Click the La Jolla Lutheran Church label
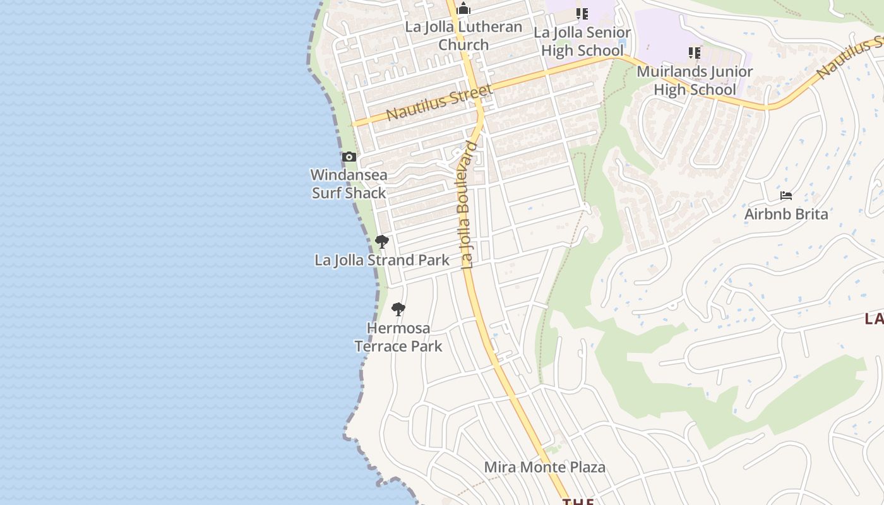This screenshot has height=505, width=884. (463, 36)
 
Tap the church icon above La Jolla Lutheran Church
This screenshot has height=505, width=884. (463, 9)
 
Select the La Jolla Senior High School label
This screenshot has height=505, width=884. (582, 41)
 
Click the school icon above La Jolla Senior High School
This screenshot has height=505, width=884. (582, 13)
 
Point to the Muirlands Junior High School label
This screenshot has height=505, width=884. (695, 80)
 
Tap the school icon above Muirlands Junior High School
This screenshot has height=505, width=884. (695, 53)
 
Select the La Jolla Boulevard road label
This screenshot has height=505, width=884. (468, 206)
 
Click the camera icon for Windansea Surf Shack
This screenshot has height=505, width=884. (349, 157)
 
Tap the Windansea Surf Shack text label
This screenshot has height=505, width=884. (349, 184)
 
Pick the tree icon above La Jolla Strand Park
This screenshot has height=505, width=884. (381, 241)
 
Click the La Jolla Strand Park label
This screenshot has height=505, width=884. (382, 260)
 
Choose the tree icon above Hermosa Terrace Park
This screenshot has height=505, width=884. (398, 309)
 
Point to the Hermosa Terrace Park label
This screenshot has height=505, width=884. (398, 337)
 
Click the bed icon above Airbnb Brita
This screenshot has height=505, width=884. (786, 196)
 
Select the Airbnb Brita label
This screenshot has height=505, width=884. (786, 214)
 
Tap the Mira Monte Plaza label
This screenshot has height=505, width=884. (544, 467)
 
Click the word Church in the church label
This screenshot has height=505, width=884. (463, 45)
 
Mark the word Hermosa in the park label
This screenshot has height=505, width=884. (398, 328)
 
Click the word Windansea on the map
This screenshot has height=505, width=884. (349, 175)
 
